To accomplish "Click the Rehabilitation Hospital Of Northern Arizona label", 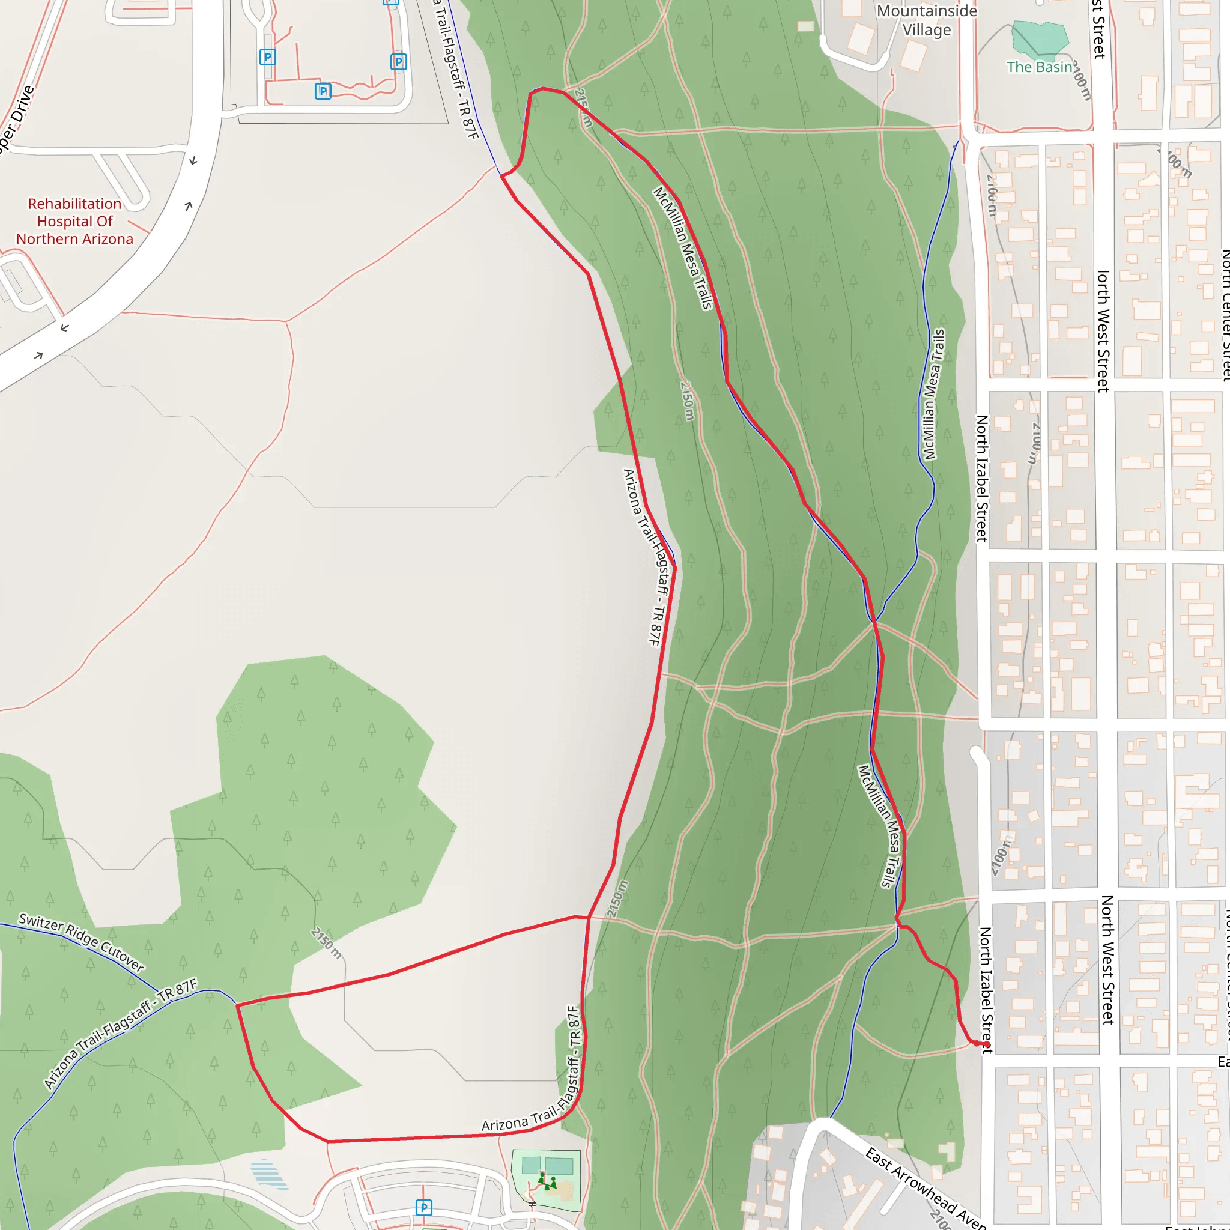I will [x=74, y=222].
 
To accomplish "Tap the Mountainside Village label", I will [x=926, y=20].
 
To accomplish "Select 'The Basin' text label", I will [x=1039, y=67].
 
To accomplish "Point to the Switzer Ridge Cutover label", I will [x=81, y=942].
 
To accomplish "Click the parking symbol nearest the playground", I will [x=424, y=1207].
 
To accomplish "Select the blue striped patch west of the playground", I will [x=268, y=1175].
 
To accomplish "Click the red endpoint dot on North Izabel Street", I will [x=986, y=1044].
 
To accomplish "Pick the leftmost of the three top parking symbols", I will [x=268, y=57].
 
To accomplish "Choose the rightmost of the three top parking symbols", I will [x=399, y=62].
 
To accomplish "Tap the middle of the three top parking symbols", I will [x=323, y=91].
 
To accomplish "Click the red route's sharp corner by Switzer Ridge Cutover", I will [x=237, y=1005].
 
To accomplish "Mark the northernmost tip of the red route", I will [x=542, y=88].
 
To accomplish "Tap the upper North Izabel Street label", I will [x=983, y=478].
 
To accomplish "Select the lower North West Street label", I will [x=1107, y=960].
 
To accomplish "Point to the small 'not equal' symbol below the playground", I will [x=533, y=1204].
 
